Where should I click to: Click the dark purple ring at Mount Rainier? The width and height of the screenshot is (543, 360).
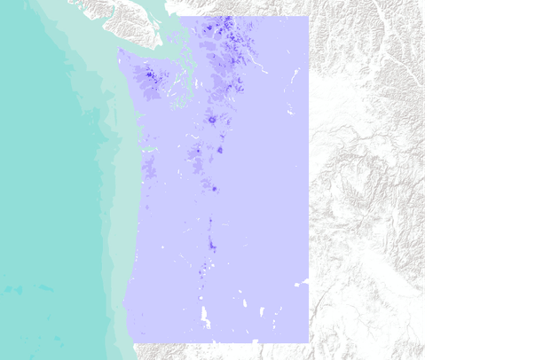tap(212, 119)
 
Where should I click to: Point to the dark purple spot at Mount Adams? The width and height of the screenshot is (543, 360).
tap(219, 150)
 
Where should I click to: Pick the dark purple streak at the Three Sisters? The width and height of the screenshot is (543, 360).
tap(211, 243)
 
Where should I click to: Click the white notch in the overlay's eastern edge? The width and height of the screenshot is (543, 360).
tap(305, 281)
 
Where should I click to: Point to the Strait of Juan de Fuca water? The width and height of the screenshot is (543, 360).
tap(142, 44)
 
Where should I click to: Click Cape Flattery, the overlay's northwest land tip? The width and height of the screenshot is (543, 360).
tap(119, 51)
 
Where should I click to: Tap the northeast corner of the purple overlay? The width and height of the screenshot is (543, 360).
tap(307, 17)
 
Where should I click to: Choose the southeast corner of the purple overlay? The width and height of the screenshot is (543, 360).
tap(307, 341)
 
